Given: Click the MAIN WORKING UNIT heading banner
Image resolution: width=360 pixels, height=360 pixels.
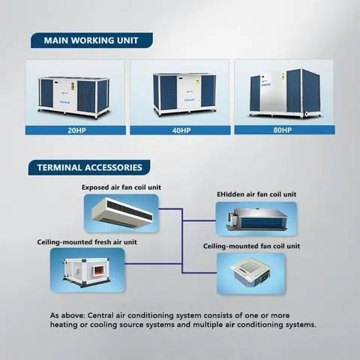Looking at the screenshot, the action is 91,40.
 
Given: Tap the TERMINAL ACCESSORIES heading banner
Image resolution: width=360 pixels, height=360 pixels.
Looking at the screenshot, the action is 89,167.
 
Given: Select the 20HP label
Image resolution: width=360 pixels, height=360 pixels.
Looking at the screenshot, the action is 76,130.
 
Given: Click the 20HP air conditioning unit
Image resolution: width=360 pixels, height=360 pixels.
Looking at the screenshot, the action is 73,97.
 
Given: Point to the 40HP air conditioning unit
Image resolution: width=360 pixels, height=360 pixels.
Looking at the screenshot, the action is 184,94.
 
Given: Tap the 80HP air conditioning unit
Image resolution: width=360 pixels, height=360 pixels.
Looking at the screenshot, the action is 286,93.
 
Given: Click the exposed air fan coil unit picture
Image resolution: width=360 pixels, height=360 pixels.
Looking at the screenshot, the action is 121,213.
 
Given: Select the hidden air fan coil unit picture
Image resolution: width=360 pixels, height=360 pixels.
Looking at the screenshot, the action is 257,219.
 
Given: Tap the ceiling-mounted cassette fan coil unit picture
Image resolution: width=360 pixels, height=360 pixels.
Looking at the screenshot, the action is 250,274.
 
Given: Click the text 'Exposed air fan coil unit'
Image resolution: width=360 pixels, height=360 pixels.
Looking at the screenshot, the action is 121,187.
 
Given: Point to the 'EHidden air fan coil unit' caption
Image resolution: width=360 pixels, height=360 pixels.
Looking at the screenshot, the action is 256,194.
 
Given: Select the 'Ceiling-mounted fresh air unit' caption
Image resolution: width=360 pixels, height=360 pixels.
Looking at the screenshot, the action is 87,242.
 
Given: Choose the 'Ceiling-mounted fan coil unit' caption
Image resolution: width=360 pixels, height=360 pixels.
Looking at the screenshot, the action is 251,246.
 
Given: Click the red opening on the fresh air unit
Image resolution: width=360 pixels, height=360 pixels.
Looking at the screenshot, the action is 97,271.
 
